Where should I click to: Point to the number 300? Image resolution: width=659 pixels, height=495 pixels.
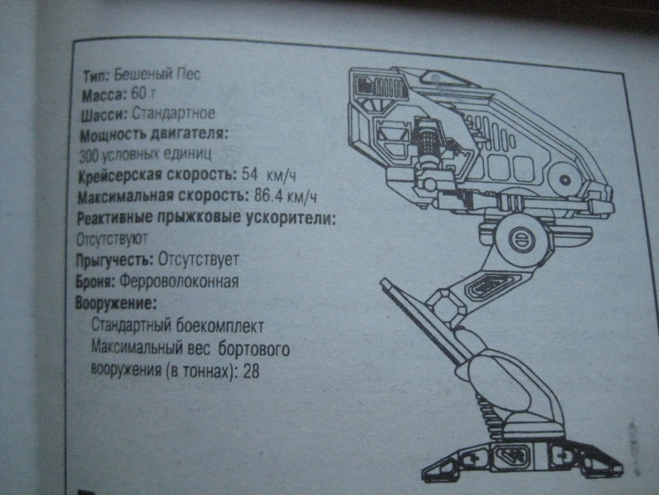click(x=89, y=155)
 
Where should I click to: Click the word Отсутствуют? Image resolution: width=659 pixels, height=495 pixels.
click(x=112, y=238)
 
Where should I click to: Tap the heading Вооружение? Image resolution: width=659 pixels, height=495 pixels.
click(x=116, y=303)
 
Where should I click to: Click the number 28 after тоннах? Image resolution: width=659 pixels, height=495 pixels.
click(x=252, y=372)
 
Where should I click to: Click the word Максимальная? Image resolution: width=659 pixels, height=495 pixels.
click(x=125, y=196)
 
